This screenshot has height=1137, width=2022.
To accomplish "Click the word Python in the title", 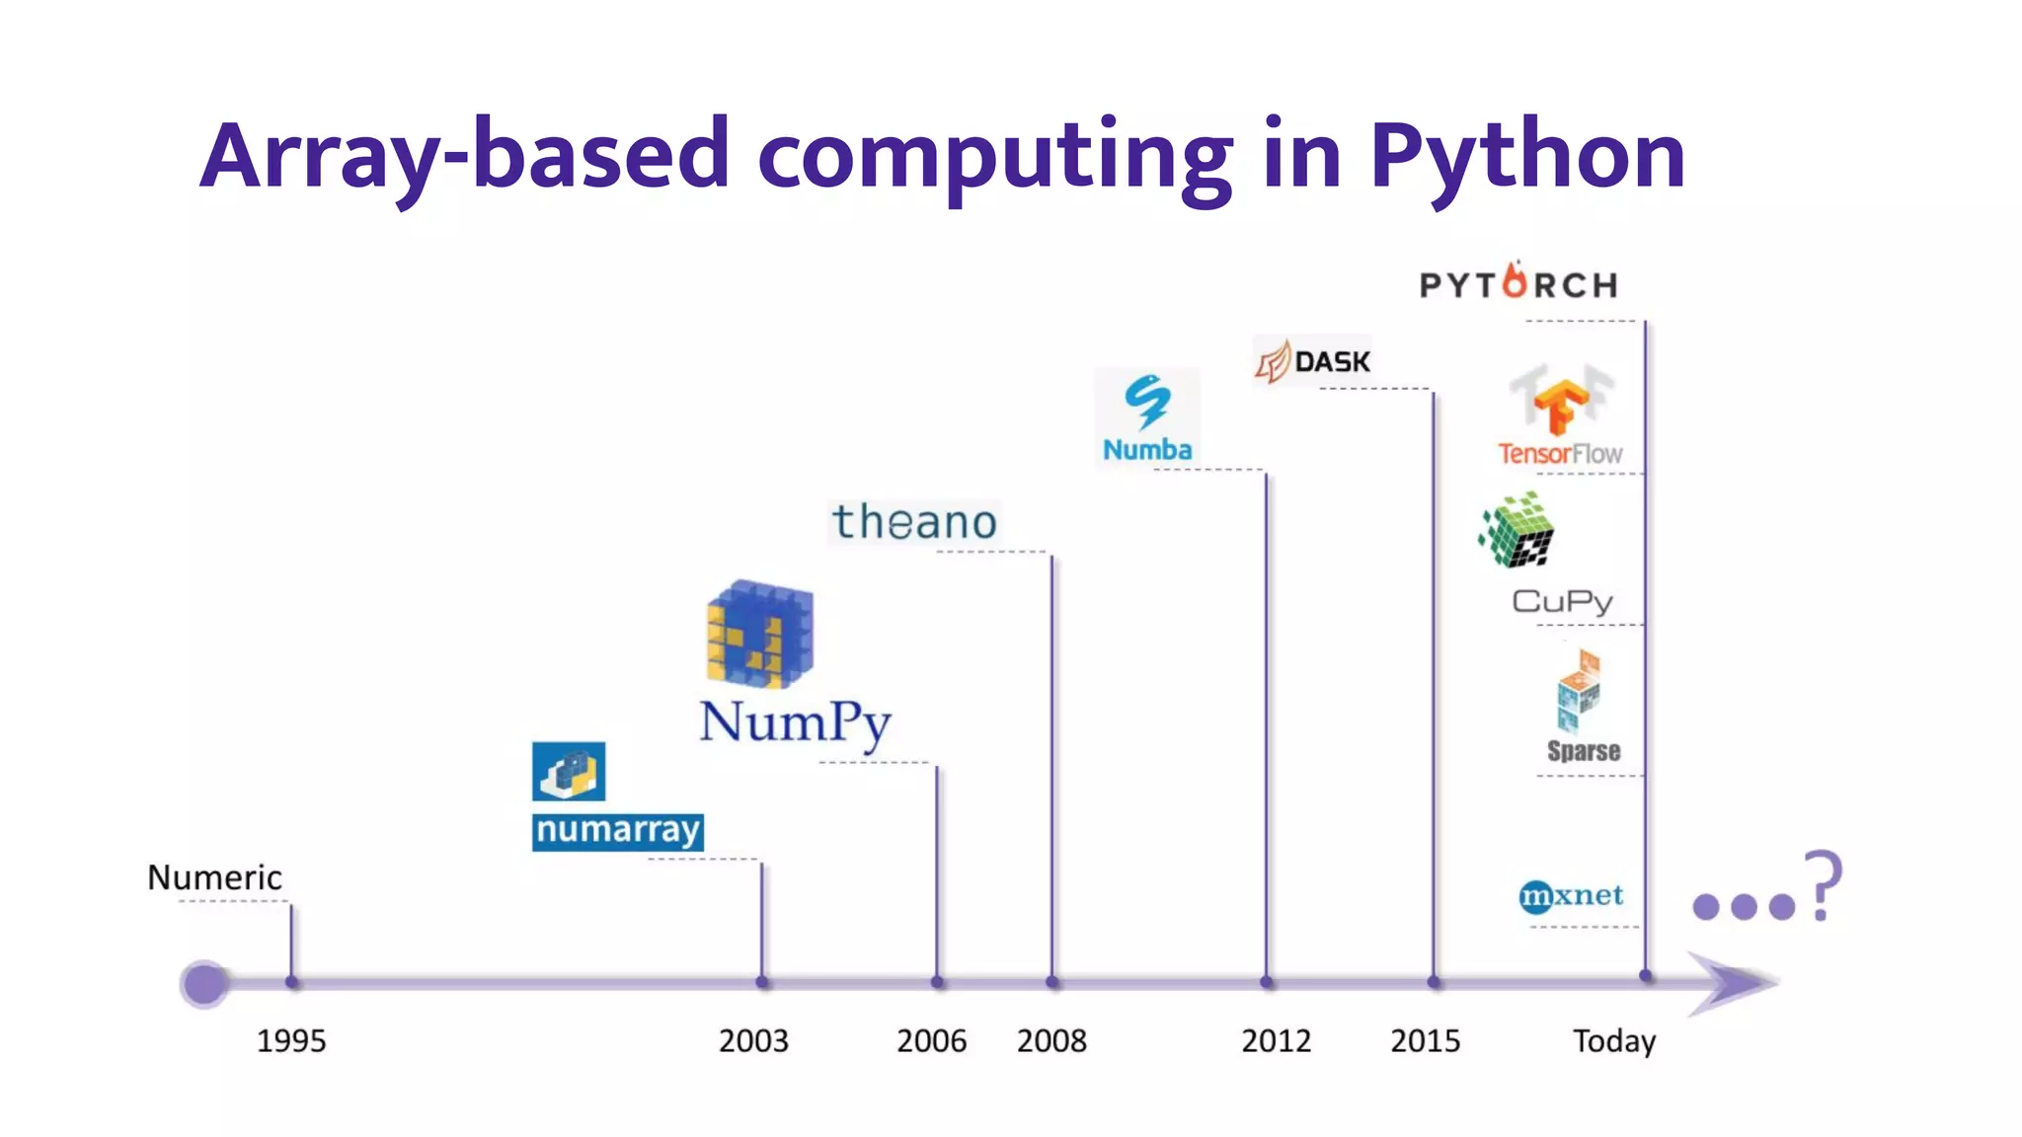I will tap(1526, 156).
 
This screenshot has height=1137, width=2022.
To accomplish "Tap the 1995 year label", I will tap(291, 1040).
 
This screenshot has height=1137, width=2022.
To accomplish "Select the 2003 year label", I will tap(753, 1040).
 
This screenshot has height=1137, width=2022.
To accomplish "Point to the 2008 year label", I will tap(1051, 1040).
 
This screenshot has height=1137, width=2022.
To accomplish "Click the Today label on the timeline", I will tap(1613, 1040).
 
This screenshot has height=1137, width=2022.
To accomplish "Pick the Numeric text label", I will tap(214, 877).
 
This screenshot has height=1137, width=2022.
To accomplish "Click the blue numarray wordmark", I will tap(617, 830).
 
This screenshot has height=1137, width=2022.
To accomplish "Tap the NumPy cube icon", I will tap(759, 634).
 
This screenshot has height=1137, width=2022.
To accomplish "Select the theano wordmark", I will tap(914, 522).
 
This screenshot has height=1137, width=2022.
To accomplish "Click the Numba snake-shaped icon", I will tap(1147, 401).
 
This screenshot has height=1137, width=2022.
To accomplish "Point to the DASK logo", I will tap(1313, 361).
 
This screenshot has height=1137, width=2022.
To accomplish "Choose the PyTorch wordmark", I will tap(1518, 284).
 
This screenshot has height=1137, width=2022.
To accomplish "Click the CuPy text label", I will tap(1562, 601).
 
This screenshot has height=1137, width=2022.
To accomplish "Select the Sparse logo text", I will tap(1584, 751).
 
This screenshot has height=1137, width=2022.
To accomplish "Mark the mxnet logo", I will tap(1570, 895).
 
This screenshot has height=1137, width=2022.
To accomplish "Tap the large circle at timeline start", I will tap(204, 983).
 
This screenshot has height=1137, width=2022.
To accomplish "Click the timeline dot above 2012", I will tap(1267, 982).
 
